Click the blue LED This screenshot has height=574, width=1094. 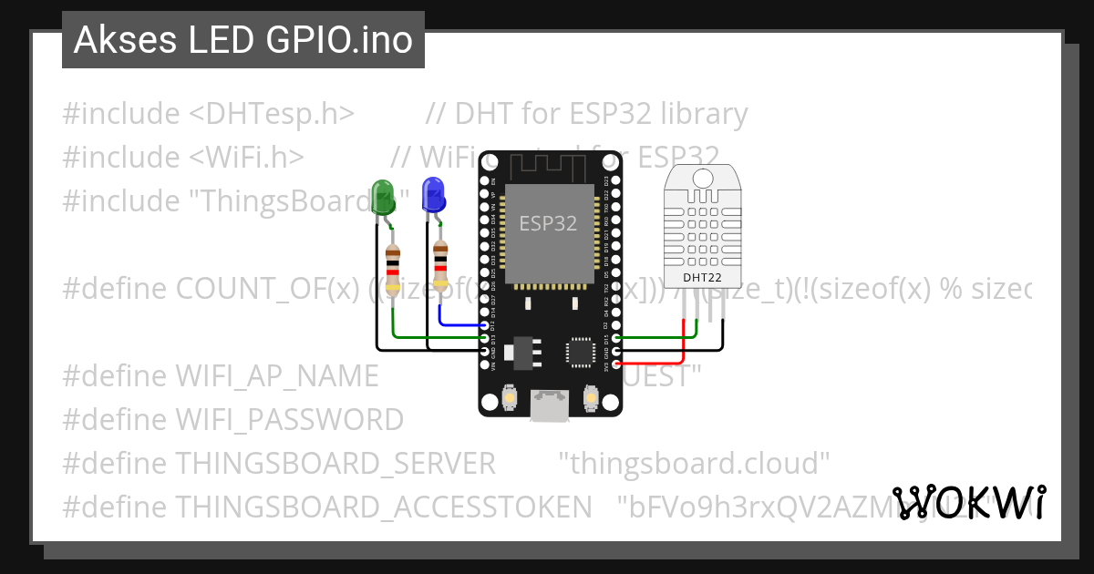point(432,194)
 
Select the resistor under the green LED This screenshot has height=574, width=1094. point(393,270)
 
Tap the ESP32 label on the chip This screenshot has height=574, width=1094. point(548,223)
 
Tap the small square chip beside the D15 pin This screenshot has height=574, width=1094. point(581,352)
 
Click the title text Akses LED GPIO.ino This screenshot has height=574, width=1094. point(243,40)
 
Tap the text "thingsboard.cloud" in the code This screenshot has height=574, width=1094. point(694,463)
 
